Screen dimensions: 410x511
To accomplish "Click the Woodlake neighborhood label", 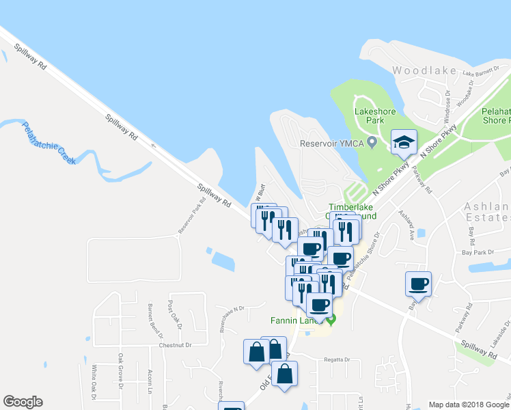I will pyautogui.click(x=420, y=70).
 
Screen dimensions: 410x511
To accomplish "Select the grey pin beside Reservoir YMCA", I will pyautogui.click(x=372, y=143).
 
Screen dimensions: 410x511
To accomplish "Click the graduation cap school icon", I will pyautogui.click(x=404, y=142).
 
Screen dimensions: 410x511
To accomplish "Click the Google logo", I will pyautogui.click(x=23, y=402).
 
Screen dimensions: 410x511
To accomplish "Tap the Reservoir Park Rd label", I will pyautogui.click(x=192, y=218).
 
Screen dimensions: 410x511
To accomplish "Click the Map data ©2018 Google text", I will pyautogui.click(x=468, y=405).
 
